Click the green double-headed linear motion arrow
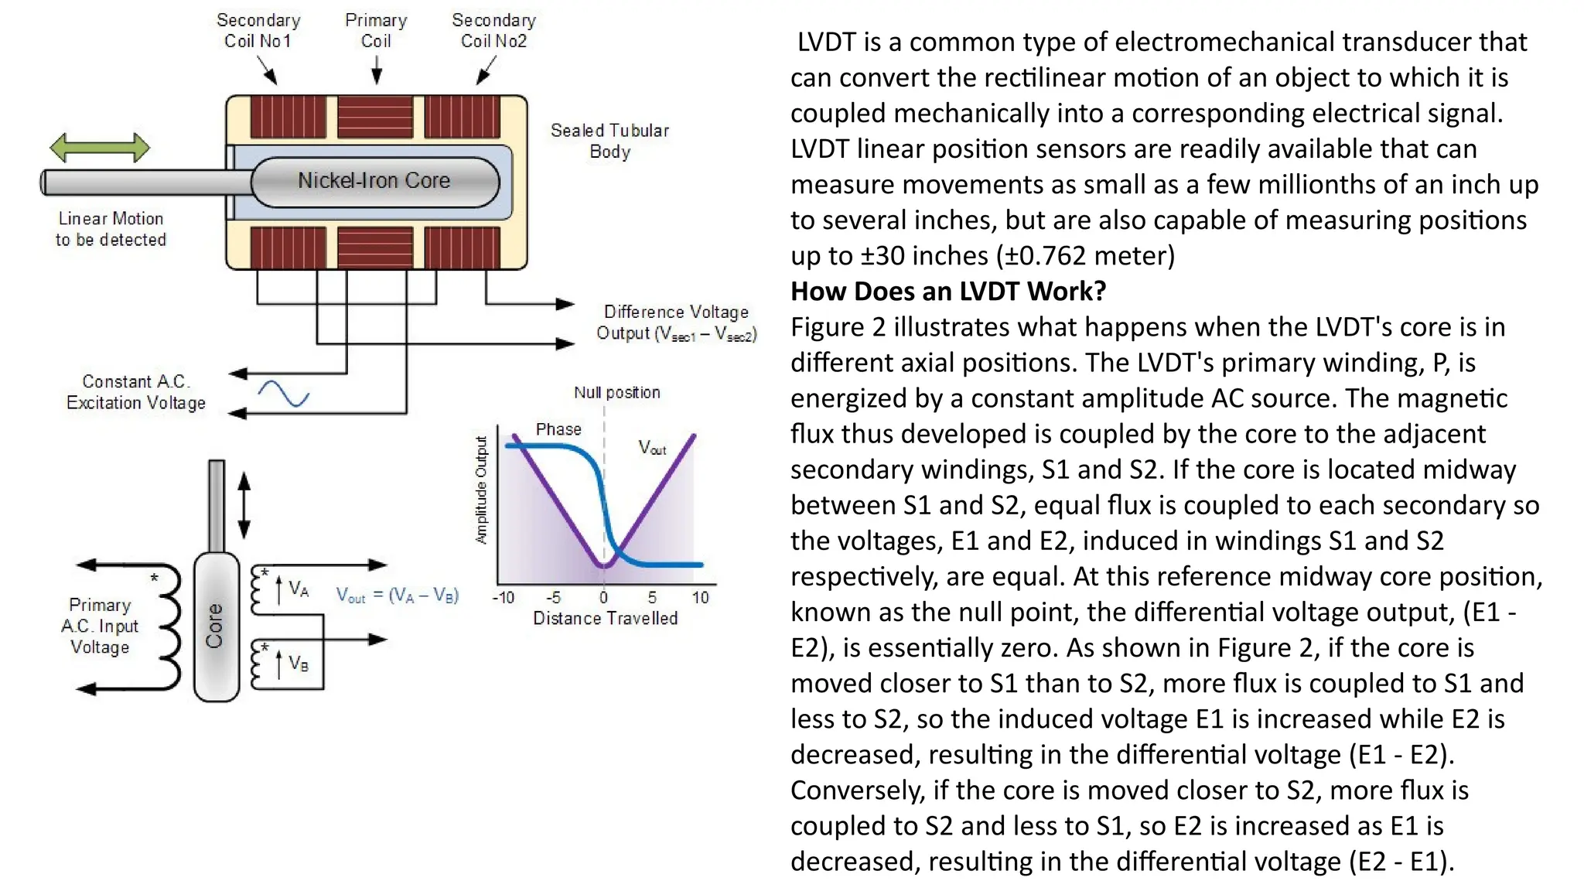(99, 147)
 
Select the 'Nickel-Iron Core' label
(374, 181)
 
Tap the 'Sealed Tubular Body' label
(609, 141)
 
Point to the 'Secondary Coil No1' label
(258, 31)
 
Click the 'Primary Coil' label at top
(376, 31)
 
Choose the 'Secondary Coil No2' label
(493, 31)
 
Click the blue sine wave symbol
(283, 394)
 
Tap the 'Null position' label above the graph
(616, 392)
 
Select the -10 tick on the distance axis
(504, 597)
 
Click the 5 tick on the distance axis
(652, 597)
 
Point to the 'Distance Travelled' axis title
(605, 618)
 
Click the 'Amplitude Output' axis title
(481, 490)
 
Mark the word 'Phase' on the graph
(558, 429)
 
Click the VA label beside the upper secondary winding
(299, 589)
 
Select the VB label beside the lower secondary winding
(299, 664)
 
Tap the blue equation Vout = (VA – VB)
(398, 595)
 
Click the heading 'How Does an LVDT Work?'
(948, 292)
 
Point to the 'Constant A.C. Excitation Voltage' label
(135, 392)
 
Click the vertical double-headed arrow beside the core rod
(244, 505)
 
